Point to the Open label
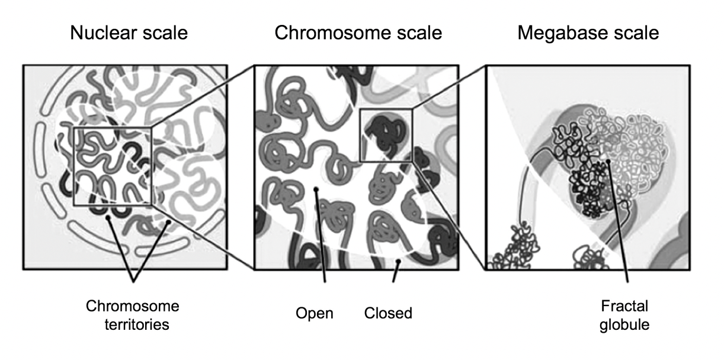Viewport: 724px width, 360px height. coord(315,313)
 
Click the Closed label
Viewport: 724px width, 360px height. coord(388,313)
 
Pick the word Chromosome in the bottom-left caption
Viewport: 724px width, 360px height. coord(133,306)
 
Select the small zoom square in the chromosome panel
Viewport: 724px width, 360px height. coord(386,134)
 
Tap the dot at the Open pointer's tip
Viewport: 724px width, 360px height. coord(316,189)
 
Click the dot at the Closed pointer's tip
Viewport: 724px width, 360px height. coord(399,261)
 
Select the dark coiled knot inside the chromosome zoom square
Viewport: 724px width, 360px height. coord(386,133)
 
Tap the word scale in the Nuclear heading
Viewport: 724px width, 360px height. coord(165,33)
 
